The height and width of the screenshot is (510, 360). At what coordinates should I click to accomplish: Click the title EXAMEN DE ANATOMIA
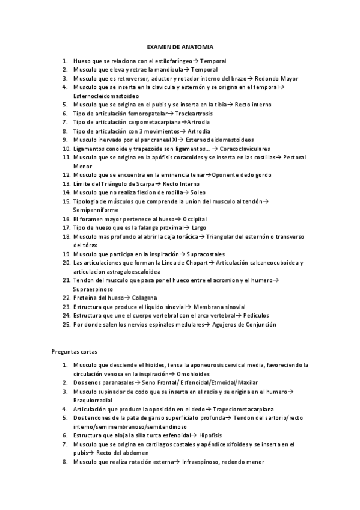point(180,46)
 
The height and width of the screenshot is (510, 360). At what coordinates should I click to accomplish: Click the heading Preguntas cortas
point(75,351)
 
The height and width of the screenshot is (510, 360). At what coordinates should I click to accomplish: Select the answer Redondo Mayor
point(276,78)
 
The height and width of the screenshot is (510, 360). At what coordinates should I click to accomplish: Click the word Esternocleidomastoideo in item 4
point(106,96)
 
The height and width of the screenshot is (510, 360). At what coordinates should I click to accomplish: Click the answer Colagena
point(145,298)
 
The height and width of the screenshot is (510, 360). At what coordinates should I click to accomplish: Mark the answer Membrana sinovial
point(219,306)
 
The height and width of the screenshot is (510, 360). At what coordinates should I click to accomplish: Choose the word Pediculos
point(255,315)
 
